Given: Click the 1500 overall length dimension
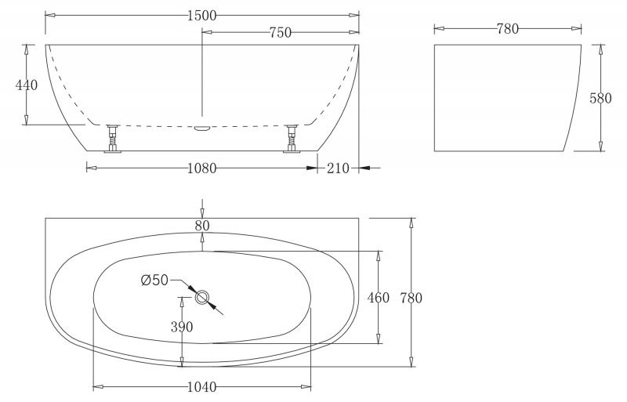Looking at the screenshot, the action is click(202, 16).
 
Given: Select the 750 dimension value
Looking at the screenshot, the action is click(281, 32).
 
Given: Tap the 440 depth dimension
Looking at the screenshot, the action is click(27, 85).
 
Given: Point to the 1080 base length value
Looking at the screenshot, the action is click(202, 168).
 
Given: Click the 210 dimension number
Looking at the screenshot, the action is click(339, 168).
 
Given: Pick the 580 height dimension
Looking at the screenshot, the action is click(600, 98).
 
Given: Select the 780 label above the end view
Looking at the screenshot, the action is click(508, 28).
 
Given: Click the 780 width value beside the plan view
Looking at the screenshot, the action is click(411, 298).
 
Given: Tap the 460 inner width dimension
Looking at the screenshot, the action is click(379, 298).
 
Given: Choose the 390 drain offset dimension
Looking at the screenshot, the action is click(182, 327).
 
